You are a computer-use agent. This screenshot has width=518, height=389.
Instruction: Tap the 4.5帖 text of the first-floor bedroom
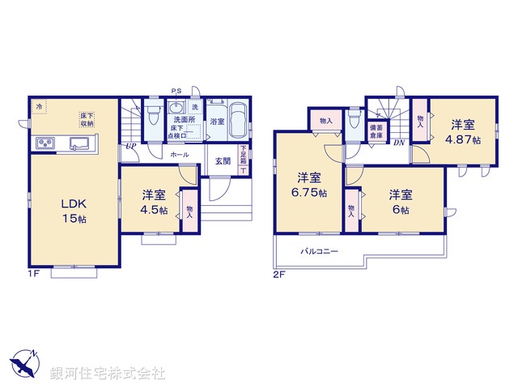[x=155, y=210]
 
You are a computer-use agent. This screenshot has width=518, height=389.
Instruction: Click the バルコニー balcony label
[x=321, y=252]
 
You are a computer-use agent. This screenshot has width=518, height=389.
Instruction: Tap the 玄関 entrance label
[x=223, y=160]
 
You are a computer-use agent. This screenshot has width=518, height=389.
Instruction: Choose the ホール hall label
[x=180, y=153]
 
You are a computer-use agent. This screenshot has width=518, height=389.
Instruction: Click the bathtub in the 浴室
[x=236, y=122]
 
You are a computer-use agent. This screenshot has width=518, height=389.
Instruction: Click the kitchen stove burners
[x=45, y=143]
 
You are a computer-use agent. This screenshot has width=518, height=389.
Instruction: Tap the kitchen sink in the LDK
[x=80, y=143]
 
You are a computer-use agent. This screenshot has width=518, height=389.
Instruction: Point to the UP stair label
[x=129, y=147]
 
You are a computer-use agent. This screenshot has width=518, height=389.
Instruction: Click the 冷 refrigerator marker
[x=38, y=106]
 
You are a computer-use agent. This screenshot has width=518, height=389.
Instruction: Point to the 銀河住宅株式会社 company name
[x=107, y=374]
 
